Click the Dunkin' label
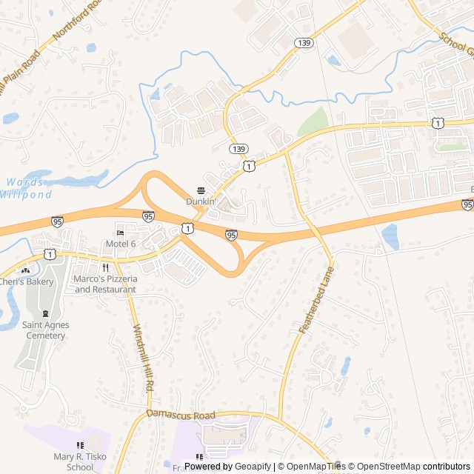point(200,201)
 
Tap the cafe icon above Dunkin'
point(200,190)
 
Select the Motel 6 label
point(121,244)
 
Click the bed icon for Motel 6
point(121,233)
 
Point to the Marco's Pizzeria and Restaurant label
point(105,284)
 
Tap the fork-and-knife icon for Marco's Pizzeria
point(106,268)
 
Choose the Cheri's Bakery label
point(26,281)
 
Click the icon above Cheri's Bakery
point(26,270)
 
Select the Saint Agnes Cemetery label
point(44,330)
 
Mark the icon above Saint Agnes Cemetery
point(46,315)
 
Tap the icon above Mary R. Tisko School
point(80,445)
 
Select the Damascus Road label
point(181,415)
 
